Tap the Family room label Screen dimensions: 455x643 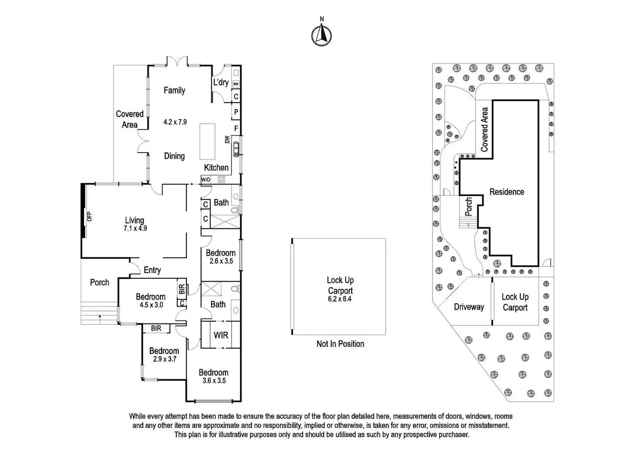pos(174,90)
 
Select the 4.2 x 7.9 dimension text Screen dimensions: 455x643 pos(175,122)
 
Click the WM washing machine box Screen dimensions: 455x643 pos(236,84)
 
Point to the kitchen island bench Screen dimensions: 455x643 pos(207,141)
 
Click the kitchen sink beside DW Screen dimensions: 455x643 pos(236,149)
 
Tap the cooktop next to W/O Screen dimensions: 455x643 pos(221,179)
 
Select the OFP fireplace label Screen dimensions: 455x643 pos(90,216)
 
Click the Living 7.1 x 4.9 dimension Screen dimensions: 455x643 pos(135,228)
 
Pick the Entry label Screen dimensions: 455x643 pos(152,270)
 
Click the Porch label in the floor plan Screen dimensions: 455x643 pos(100,282)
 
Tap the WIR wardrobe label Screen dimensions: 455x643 pos(221,335)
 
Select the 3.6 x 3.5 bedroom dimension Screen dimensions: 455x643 pos(214,381)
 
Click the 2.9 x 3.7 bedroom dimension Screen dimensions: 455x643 pos(164,359)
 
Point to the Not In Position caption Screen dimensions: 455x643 pos(340,344)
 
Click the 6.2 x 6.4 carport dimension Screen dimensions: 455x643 pos(340,299)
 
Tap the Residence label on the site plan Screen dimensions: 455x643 pos(507,192)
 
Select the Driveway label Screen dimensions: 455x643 pos(469,307)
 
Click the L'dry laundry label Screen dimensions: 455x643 pos(221,82)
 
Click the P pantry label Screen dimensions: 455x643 pos(236,112)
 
